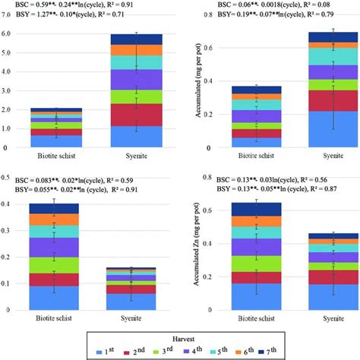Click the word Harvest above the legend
(x=180, y=333)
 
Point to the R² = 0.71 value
(x=142, y=14)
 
